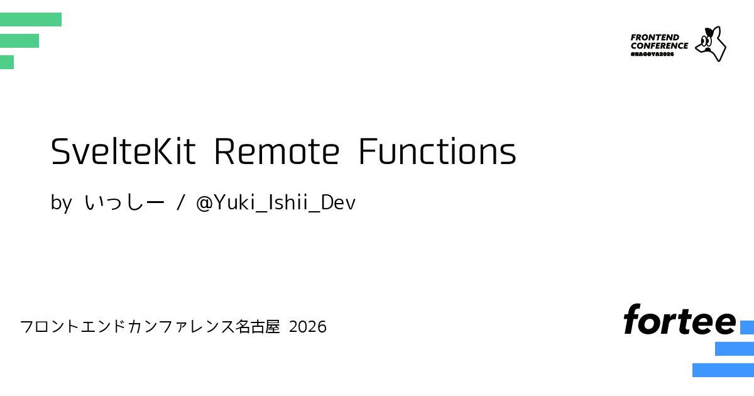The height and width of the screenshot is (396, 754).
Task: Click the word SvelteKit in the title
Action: tap(123, 151)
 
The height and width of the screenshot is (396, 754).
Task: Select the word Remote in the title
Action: tap(276, 152)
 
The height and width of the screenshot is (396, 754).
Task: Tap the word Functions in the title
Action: tap(437, 152)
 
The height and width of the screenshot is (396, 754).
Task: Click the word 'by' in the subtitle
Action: tap(61, 203)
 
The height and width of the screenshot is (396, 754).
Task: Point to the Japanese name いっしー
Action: tap(124, 202)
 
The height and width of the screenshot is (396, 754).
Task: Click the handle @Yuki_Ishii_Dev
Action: tap(276, 203)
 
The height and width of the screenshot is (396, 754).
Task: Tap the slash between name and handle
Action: tap(181, 202)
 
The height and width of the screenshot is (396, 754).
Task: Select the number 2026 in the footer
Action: tap(308, 327)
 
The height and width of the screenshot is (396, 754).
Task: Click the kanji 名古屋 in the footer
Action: tap(258, 326)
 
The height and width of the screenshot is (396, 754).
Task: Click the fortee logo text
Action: tap(680, 319)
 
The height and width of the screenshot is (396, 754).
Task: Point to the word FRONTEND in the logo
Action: tap(655, 37)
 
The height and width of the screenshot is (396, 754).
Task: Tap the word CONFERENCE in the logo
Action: tap(659, 46)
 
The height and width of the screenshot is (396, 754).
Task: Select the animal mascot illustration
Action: tap(711, 44)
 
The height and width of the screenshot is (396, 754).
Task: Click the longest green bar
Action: tap(31, 19)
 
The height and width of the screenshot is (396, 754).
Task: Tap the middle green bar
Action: tap(19, 41)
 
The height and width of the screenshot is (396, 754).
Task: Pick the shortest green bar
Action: tap(7, 62)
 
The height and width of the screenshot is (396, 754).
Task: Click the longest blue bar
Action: tap(723, 370)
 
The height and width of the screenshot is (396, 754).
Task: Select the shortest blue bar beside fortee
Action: tap(747, 327)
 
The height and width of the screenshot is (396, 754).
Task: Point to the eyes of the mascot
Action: tap(706, 41)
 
